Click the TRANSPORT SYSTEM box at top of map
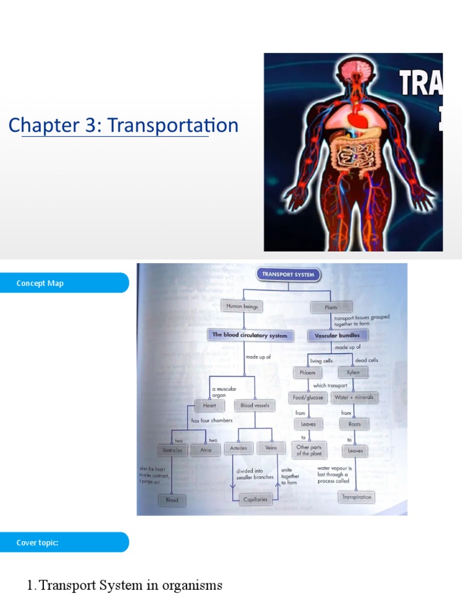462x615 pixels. (x=288, y=274)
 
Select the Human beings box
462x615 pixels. (x=242, y=306)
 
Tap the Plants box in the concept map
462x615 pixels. (x=331, y=307)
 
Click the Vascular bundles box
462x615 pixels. (x=337, y=336)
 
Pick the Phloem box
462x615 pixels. (x=307, y=372)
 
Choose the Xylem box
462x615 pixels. (x=353, y=372)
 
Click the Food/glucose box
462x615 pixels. (x=309, y=398)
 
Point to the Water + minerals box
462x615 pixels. (x=354, y=398)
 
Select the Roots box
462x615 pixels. (x=354, y=424)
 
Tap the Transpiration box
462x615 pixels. (x=357, y=497)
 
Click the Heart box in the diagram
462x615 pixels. (x=209, y=405)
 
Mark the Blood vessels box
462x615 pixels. (x=255, y=405)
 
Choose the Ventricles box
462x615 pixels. (x=172, y=450)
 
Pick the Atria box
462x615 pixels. (x=206, y=450)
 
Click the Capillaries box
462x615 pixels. (x=255, y=499)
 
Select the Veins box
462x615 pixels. (x=269, y=448)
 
